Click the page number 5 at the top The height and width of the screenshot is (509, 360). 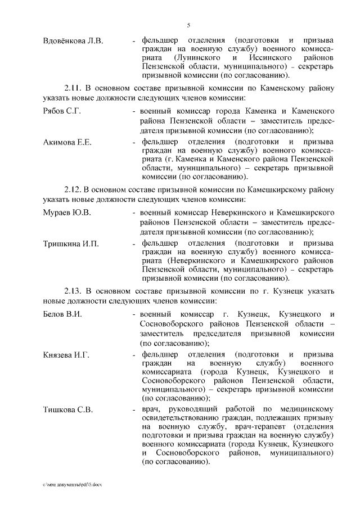point(189,25)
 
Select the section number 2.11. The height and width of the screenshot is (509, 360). point(73,88)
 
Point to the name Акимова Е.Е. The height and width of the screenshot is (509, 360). point(67,142)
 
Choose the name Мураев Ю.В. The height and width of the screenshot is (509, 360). point(67,213)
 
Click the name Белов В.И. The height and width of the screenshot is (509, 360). point(63,314)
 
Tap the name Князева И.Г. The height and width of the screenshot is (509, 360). point(66,355)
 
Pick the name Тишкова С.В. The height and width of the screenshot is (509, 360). point(68,409)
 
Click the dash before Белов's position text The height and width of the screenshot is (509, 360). point(134,314)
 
